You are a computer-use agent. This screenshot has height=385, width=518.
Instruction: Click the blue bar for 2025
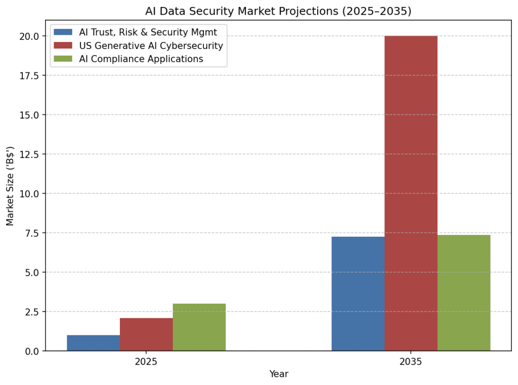(94, 343)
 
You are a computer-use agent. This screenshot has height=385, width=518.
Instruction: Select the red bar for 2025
(146, 334)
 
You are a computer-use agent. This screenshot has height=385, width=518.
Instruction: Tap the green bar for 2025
(199, 327)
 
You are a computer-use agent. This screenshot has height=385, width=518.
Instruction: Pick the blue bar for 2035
(358, 293)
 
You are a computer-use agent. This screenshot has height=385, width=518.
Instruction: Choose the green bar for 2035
(463, 292)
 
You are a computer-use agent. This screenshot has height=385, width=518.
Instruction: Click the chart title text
(279, 11)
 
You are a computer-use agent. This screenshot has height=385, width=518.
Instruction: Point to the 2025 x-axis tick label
(146, 362)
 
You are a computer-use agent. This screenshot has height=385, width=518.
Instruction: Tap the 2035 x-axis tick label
(411, 362)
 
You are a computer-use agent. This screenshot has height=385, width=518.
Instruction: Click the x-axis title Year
(279, 374)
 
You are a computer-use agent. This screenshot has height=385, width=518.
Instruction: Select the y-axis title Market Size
(10, 186)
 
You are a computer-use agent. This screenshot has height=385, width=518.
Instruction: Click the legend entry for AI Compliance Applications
(141, 59)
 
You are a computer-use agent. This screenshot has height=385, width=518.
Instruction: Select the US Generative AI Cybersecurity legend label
(151, 46)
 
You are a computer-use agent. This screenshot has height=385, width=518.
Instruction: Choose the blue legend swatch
(63, 32)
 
